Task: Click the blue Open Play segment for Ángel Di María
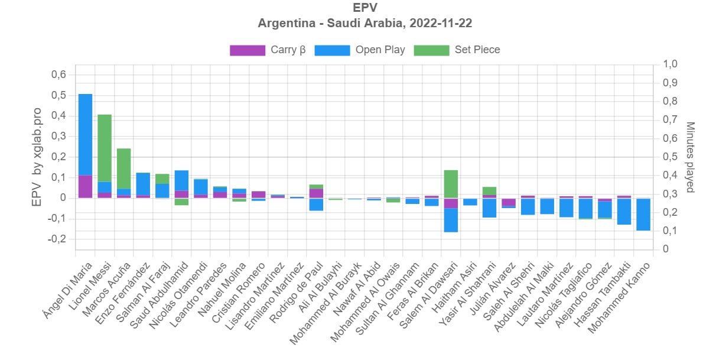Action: [85, 135]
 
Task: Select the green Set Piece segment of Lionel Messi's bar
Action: [105, 148]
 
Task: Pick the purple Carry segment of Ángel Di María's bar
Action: [85, 187]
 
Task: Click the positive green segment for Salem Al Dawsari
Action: [451, 184]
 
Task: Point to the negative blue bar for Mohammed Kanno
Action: [643, 215]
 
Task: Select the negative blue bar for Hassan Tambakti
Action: [624, 212]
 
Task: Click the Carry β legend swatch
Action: [247, 50]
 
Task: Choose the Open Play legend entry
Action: [380, 50]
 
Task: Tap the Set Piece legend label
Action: [477, 50]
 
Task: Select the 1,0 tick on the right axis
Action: [672, 64]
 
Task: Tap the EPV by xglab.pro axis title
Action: [37, 157]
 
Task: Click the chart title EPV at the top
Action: [364, 8]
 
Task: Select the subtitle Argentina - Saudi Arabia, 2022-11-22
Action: [364, 24]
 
